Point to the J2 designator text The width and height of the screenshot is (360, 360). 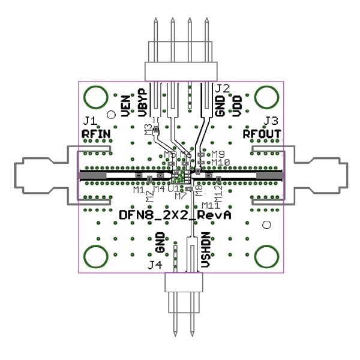222,88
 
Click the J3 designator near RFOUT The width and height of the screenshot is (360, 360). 271,120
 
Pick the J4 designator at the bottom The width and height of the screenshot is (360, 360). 155,264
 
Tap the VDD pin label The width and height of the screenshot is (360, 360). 237,106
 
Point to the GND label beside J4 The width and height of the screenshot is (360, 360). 160,242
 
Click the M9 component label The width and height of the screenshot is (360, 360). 217,154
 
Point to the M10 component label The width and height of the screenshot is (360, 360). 220,162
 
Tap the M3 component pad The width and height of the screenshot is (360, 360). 155,128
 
